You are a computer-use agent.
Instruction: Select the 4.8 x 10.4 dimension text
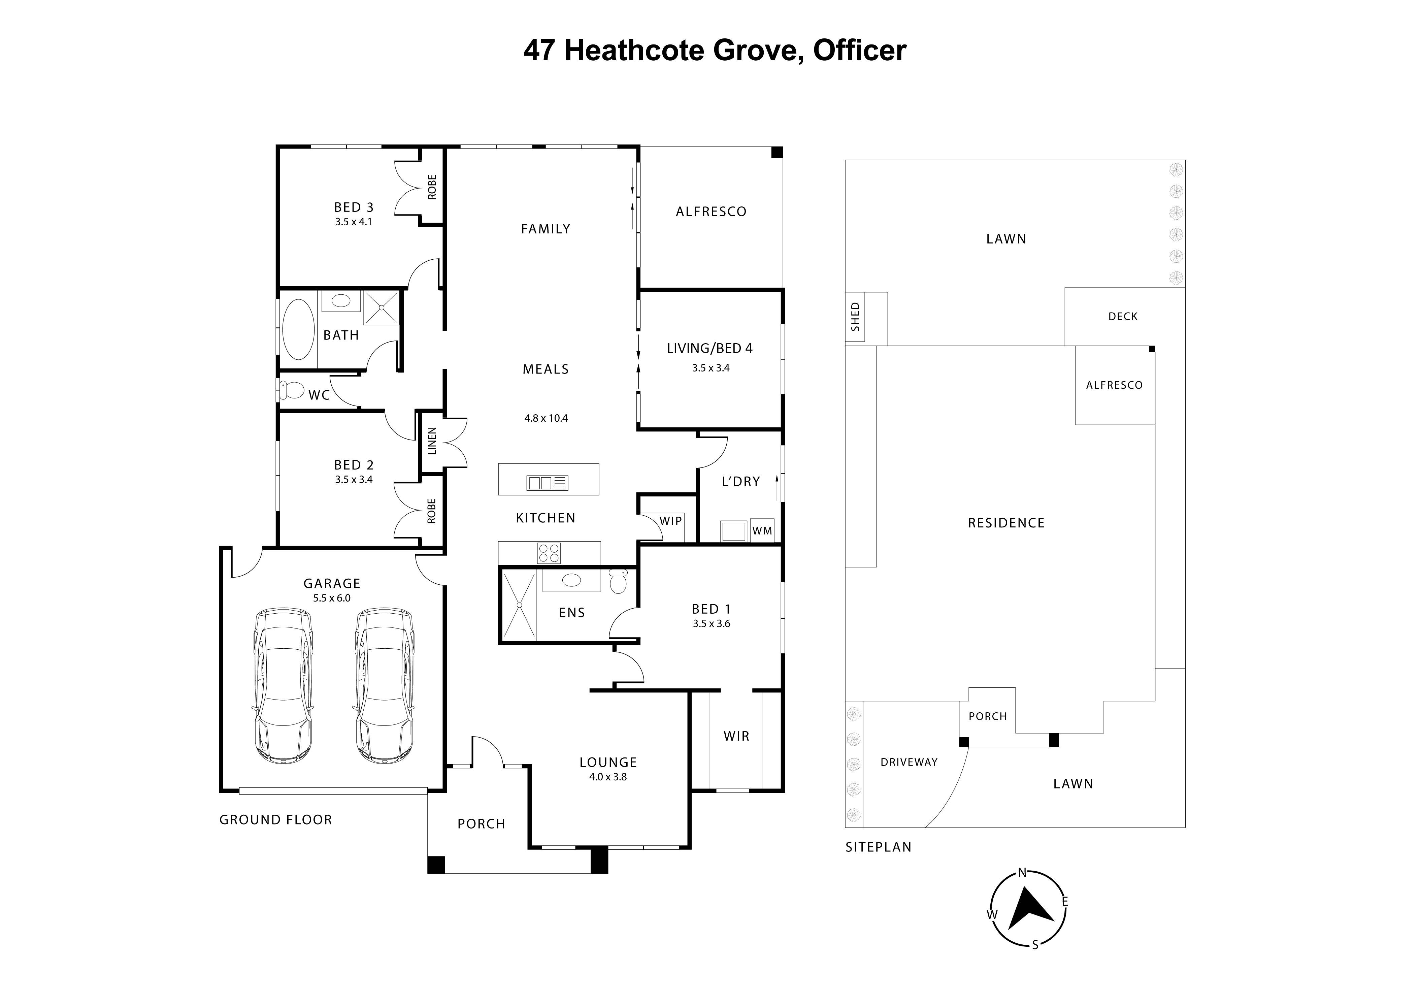546,418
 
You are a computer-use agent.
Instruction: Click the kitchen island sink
547,483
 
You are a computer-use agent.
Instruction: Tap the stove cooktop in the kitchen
549,552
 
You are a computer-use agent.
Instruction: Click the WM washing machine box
762,531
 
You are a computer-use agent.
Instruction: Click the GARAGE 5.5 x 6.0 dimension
331,598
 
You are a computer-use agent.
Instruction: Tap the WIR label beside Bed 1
736,736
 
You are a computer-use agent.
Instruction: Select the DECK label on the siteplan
1123,316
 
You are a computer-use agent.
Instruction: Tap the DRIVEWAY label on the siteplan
909,762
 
